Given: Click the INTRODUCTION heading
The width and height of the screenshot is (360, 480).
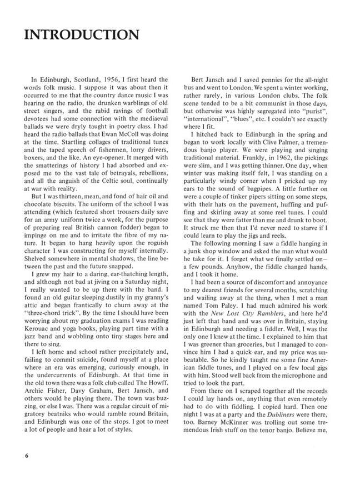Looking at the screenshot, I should coord(81,35).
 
